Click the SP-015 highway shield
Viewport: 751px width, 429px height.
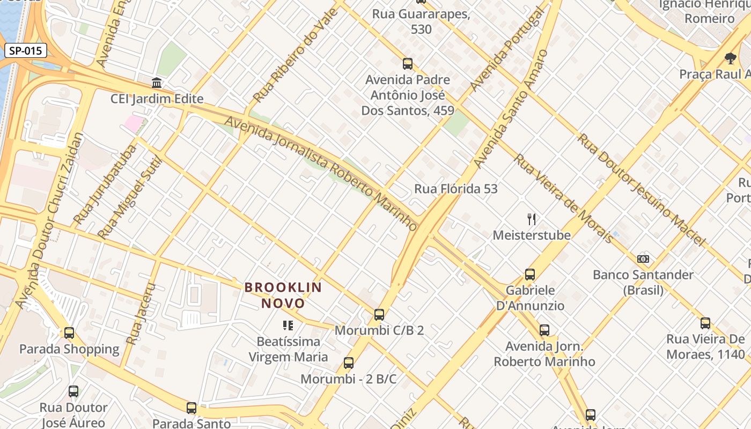[x=26, y=51]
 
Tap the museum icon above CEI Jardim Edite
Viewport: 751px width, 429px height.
[x=157, y=83]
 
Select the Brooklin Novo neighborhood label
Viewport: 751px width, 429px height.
[x=283, y=295]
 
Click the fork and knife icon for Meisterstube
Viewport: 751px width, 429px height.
[x=532, y=219]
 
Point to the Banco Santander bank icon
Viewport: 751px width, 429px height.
[x=643, y=259]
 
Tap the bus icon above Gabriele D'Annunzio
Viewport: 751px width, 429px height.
[x=530, y=275]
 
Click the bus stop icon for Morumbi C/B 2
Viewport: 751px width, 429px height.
[x=379, y=315]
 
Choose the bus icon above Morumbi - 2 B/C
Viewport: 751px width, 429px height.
[x=349, y=363]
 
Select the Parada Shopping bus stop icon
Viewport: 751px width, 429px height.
[x=69, y=333]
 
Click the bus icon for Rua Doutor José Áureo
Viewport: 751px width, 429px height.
[x=73, y=391]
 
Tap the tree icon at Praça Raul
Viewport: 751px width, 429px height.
[x=730, y=58]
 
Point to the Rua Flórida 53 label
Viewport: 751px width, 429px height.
[x=456, y=189]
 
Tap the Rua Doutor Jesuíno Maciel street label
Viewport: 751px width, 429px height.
[x=641, y=189]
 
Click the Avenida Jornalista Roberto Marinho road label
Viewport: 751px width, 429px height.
[x=321, y=173]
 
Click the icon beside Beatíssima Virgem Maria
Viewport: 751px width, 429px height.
[x=288, y=326]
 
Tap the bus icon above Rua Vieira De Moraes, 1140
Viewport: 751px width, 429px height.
[x=705, y=323]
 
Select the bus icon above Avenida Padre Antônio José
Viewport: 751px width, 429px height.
[x=408, y=64]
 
